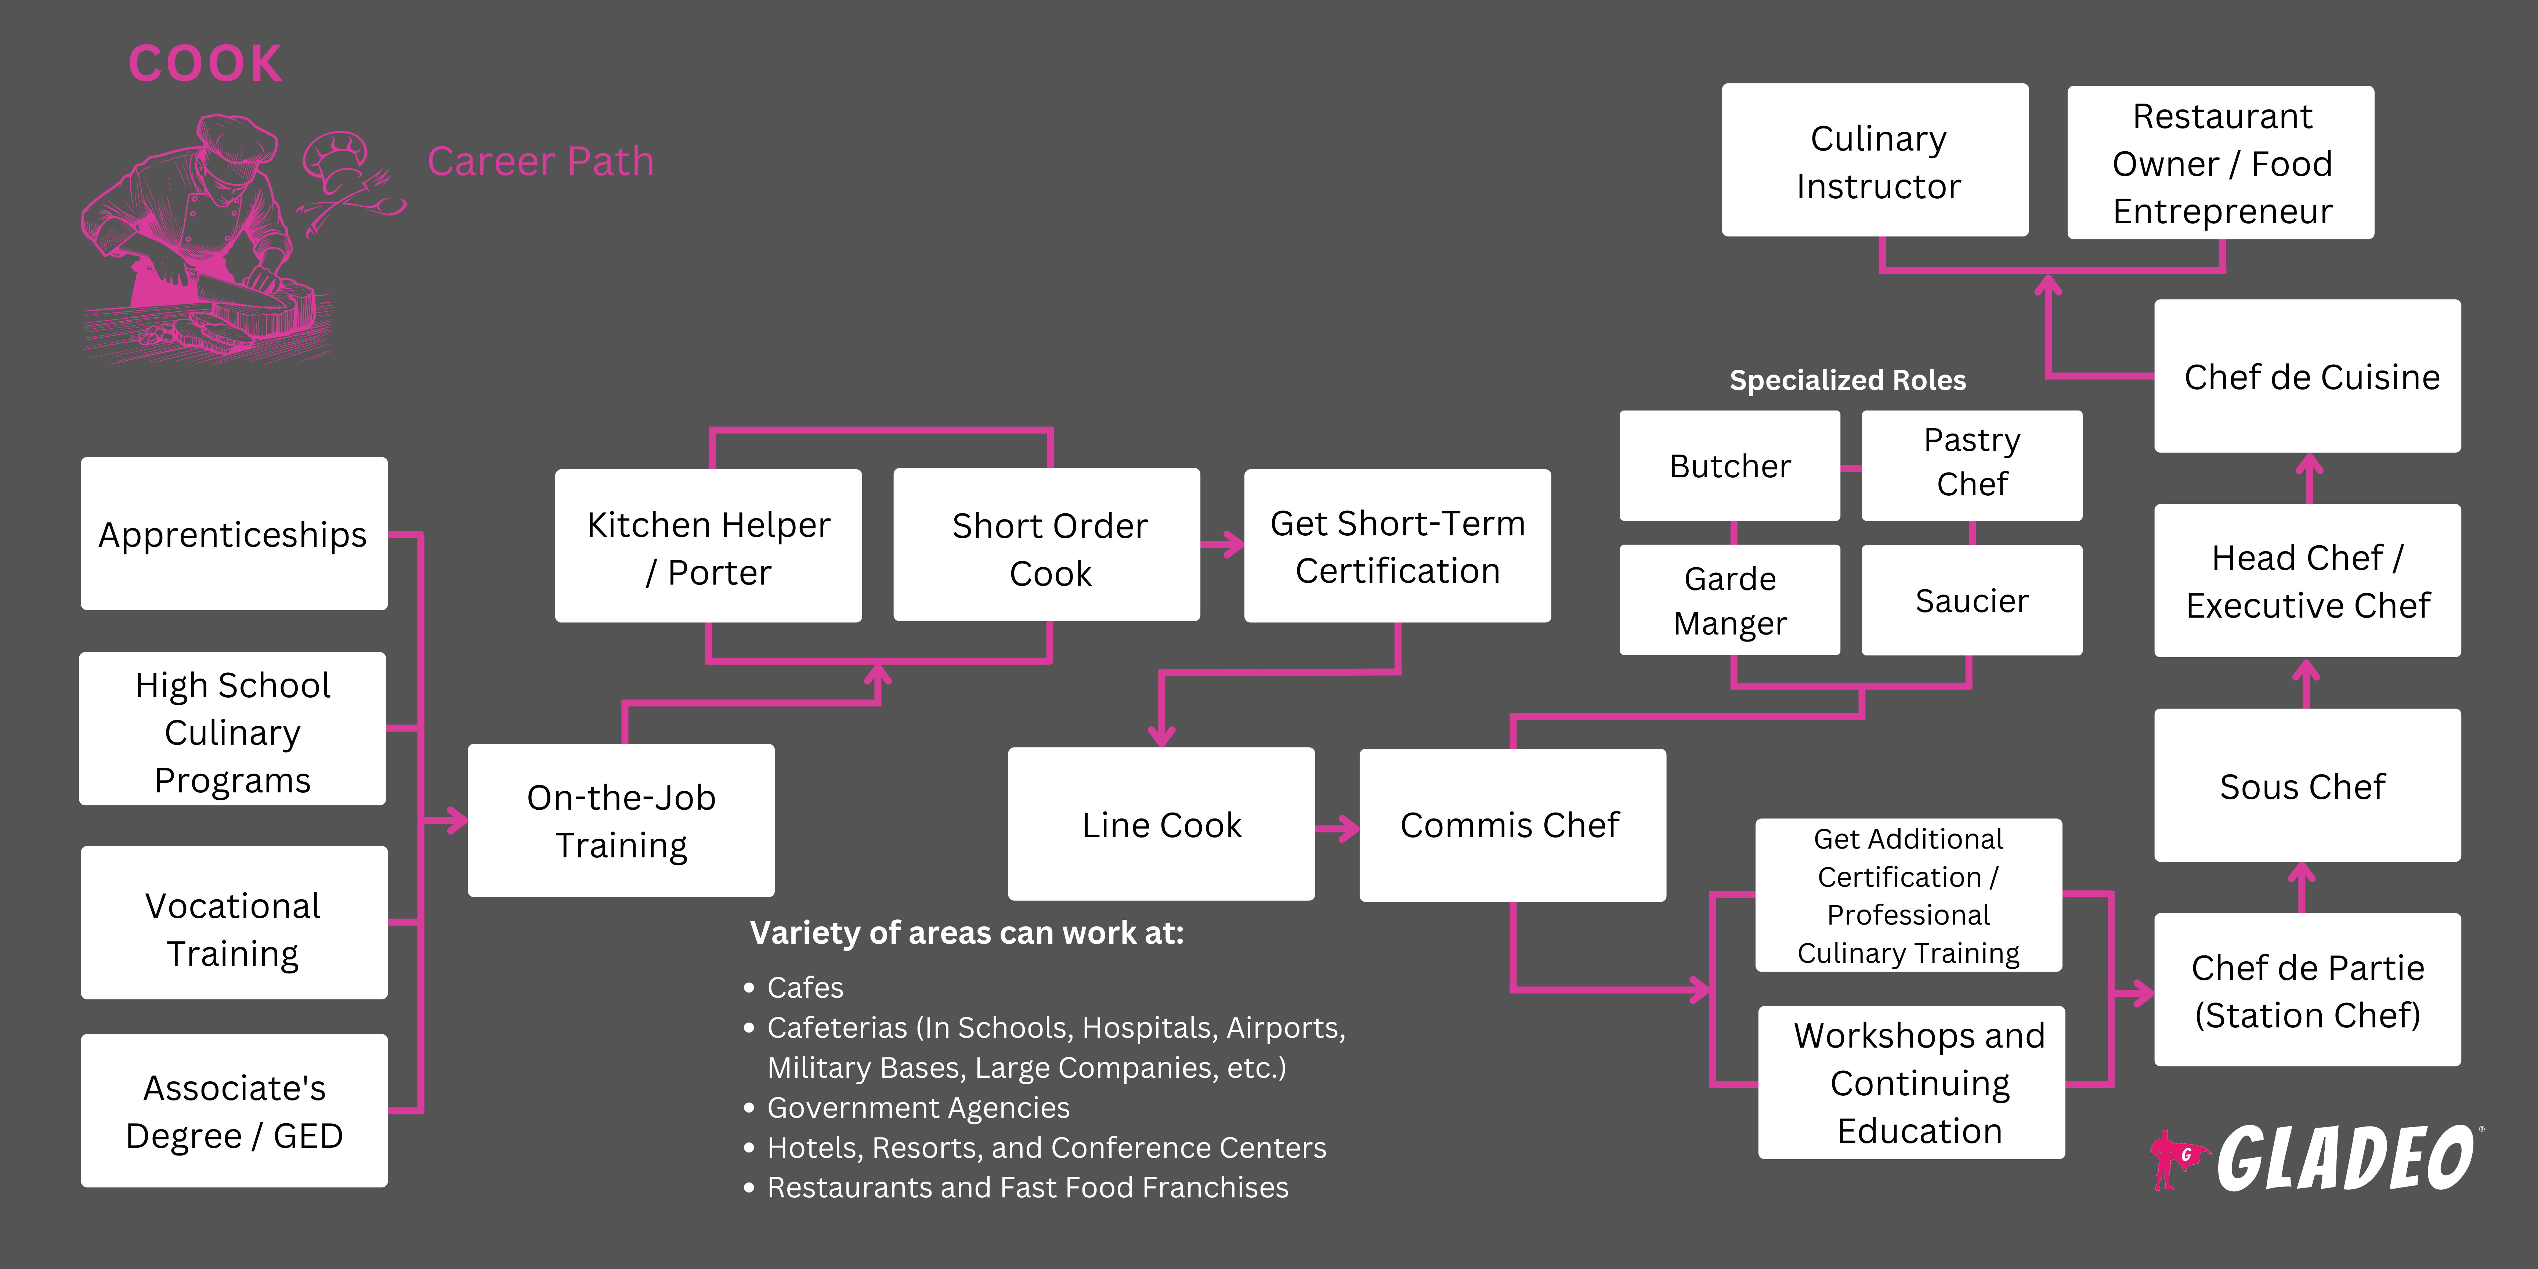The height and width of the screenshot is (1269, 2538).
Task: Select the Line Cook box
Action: coord(1161,824)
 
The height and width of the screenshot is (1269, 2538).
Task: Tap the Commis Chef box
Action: coord(1511,824)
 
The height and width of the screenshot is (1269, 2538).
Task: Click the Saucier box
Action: coord(1971,600)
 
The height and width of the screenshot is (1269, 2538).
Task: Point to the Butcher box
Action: coord(1729,465)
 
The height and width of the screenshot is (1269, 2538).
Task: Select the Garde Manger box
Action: coord(1729,600)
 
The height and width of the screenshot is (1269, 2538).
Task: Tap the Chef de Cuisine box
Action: coord(2307,376)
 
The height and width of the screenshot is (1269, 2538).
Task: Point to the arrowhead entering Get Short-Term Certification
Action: coord(1233,545)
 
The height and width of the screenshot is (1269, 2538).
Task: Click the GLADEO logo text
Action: coord(2345,1160)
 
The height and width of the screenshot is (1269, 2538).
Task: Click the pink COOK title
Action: coord(205,64)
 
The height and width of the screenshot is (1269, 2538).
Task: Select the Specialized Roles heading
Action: coord(1847,380)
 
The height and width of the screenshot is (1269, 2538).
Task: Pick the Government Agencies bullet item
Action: coord(917,1107)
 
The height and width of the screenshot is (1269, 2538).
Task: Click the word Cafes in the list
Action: coord(805,987)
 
